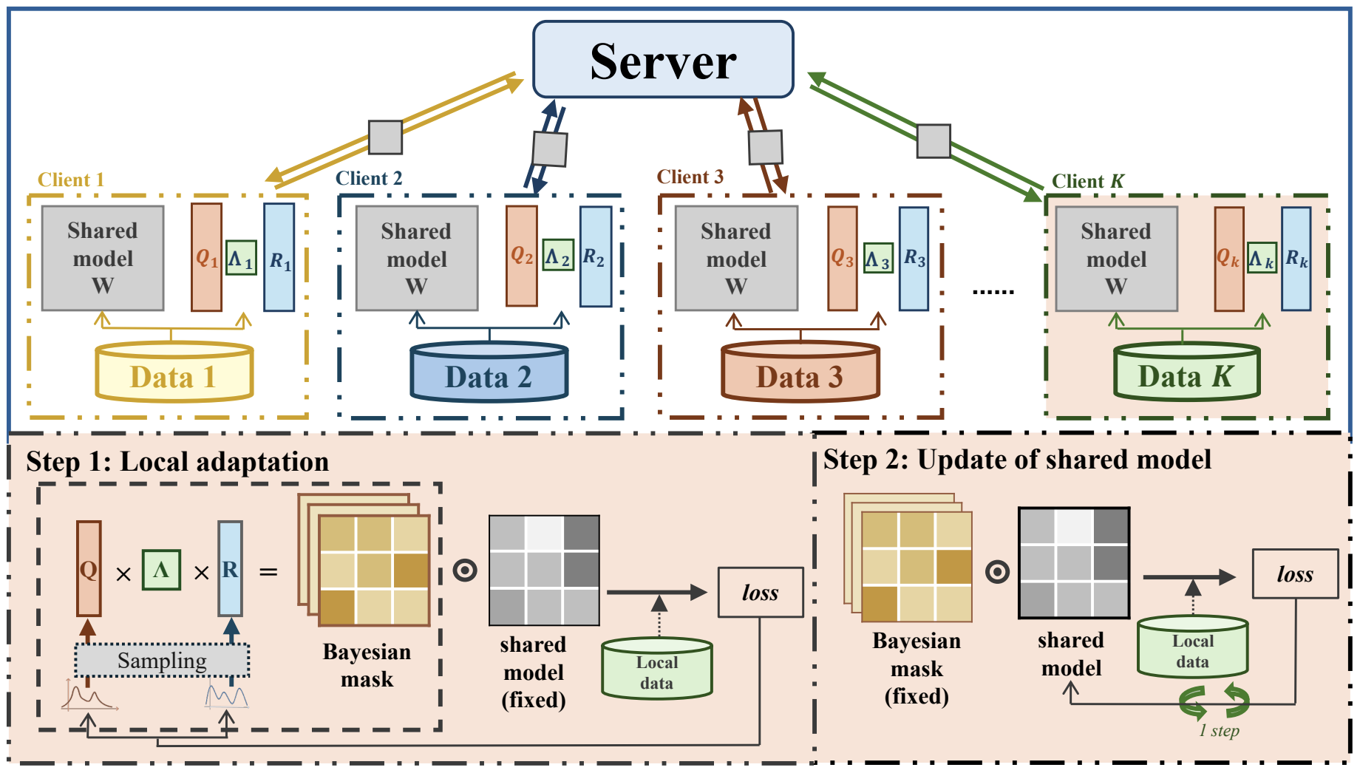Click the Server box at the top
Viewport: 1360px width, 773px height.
tap(663, 60)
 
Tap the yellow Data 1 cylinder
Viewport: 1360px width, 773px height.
tap(174, 372)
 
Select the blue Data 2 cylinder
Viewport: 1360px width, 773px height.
tap(489, 372)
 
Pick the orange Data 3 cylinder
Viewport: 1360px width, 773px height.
tap(800, 372)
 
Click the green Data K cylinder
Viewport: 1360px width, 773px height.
tap(1187, 372)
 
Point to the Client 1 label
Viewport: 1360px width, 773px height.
tap(71, 180)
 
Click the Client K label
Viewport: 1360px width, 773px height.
tap(1088, 181)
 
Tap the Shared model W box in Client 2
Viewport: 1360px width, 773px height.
tap(417, 258)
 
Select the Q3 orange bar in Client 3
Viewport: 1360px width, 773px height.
tap(843, 258)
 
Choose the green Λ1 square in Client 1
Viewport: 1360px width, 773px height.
tap(241, 258)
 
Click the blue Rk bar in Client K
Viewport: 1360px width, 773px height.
tap(1296, 258)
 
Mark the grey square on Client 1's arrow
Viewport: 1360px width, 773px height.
tap(386, 137)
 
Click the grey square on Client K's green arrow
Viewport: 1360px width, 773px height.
tap(934, 141)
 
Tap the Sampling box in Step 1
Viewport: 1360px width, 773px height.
tap(162, 661)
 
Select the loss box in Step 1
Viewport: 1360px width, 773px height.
tap(761, 592)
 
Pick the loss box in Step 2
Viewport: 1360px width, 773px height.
tap(1295, 573)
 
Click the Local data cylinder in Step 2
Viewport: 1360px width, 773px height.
tap(1193, 647)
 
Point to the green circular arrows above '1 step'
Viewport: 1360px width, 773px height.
tap(1214, 702)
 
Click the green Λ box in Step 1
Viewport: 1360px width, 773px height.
tap(161, 570)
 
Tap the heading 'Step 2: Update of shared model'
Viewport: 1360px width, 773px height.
tap(1017, 460)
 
